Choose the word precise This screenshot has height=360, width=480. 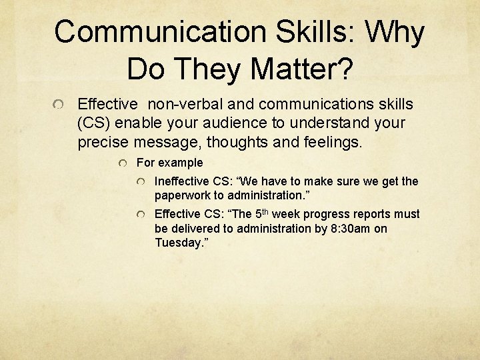pos(103,142)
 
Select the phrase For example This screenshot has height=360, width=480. pos(169,163)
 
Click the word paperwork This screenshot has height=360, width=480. pos(183,196)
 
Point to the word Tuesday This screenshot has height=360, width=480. pos(177,243)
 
